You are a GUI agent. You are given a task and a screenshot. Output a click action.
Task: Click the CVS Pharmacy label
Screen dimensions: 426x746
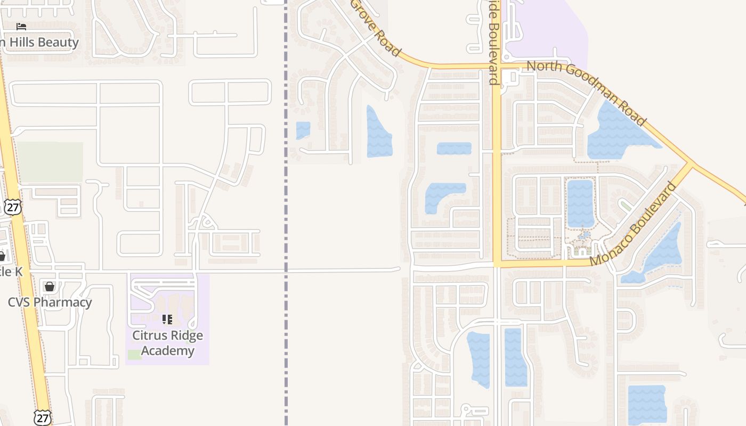(x=50, y=302)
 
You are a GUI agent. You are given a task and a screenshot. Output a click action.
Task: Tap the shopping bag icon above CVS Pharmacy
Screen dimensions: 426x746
(x=50, y=287)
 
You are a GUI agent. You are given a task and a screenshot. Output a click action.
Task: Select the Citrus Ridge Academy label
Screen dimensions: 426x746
(x=167, y=343)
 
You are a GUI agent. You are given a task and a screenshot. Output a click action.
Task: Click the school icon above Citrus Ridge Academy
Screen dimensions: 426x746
(x=167, y=319)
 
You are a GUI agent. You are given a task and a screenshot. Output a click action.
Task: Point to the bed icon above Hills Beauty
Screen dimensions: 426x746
(x=21, y=26)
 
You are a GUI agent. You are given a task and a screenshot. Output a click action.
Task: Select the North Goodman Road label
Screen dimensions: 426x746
(x=586, y=93)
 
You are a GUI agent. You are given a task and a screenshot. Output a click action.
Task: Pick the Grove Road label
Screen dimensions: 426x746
(x=375, y=27)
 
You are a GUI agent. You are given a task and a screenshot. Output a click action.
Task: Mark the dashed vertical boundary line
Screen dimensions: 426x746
(x=286, y=213)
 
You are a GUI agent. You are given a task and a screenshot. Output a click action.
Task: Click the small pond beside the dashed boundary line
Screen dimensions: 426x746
(x=303, y=130)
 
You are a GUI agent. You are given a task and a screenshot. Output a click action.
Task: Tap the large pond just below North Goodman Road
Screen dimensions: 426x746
(x=618, y=133)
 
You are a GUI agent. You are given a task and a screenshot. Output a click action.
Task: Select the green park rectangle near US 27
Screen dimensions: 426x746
(x=50, y=162)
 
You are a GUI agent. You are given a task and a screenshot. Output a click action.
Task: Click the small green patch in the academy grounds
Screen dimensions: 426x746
(x=135, y=355)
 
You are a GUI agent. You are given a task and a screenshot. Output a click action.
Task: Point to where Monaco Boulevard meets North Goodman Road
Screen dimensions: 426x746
(x=692, y=163)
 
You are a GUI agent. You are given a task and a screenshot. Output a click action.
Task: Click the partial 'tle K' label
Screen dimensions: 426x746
(x=11, y=272)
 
